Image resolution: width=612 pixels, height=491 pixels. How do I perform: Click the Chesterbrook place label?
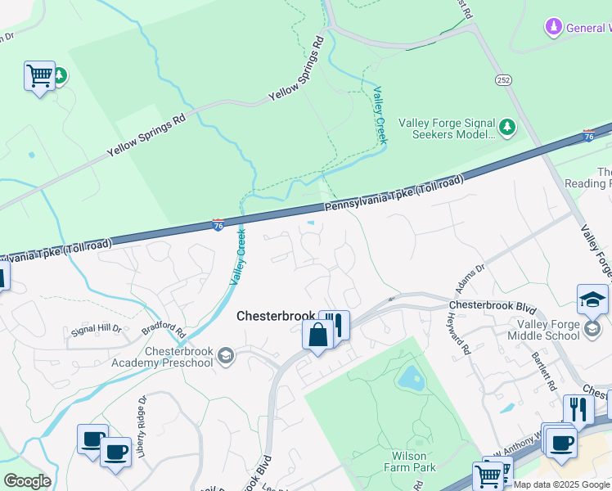click(276, 316)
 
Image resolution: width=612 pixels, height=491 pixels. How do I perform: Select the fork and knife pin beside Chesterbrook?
click(335, 324)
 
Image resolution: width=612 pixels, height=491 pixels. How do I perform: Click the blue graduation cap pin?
click(592, 299)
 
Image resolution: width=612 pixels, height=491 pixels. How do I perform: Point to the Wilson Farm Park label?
click(410, 462)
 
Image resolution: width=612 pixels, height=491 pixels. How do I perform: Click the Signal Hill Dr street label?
click(97, 329)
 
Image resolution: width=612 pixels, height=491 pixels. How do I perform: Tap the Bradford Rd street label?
click(164, 330)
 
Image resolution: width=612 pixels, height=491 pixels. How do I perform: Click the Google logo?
click(27, 481)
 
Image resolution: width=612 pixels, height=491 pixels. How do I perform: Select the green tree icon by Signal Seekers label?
click(507, 127)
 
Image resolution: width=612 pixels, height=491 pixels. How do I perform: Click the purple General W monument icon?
click(555, 28)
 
